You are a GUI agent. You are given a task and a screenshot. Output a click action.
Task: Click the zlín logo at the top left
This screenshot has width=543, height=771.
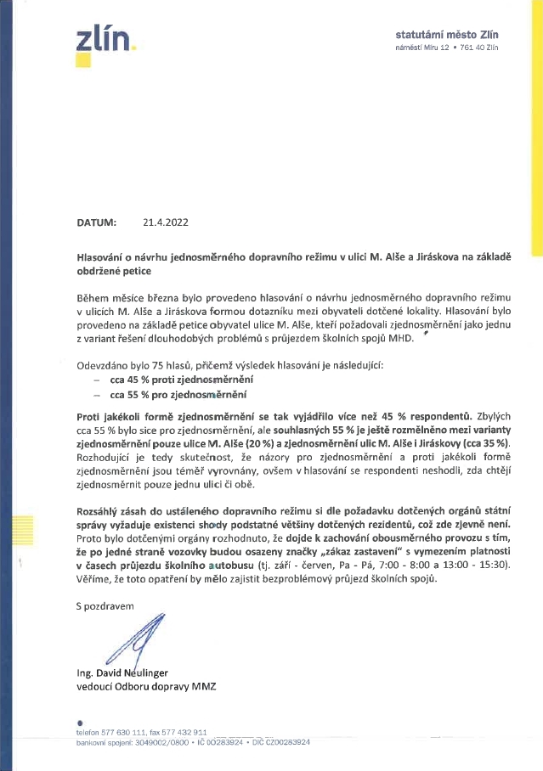[x=104, y=39]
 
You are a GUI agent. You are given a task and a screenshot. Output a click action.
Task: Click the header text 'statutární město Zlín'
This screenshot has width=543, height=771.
[x=446, y=35]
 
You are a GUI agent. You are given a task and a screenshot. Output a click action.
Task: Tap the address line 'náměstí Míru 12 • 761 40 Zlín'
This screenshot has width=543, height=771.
[x=446, y=47]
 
